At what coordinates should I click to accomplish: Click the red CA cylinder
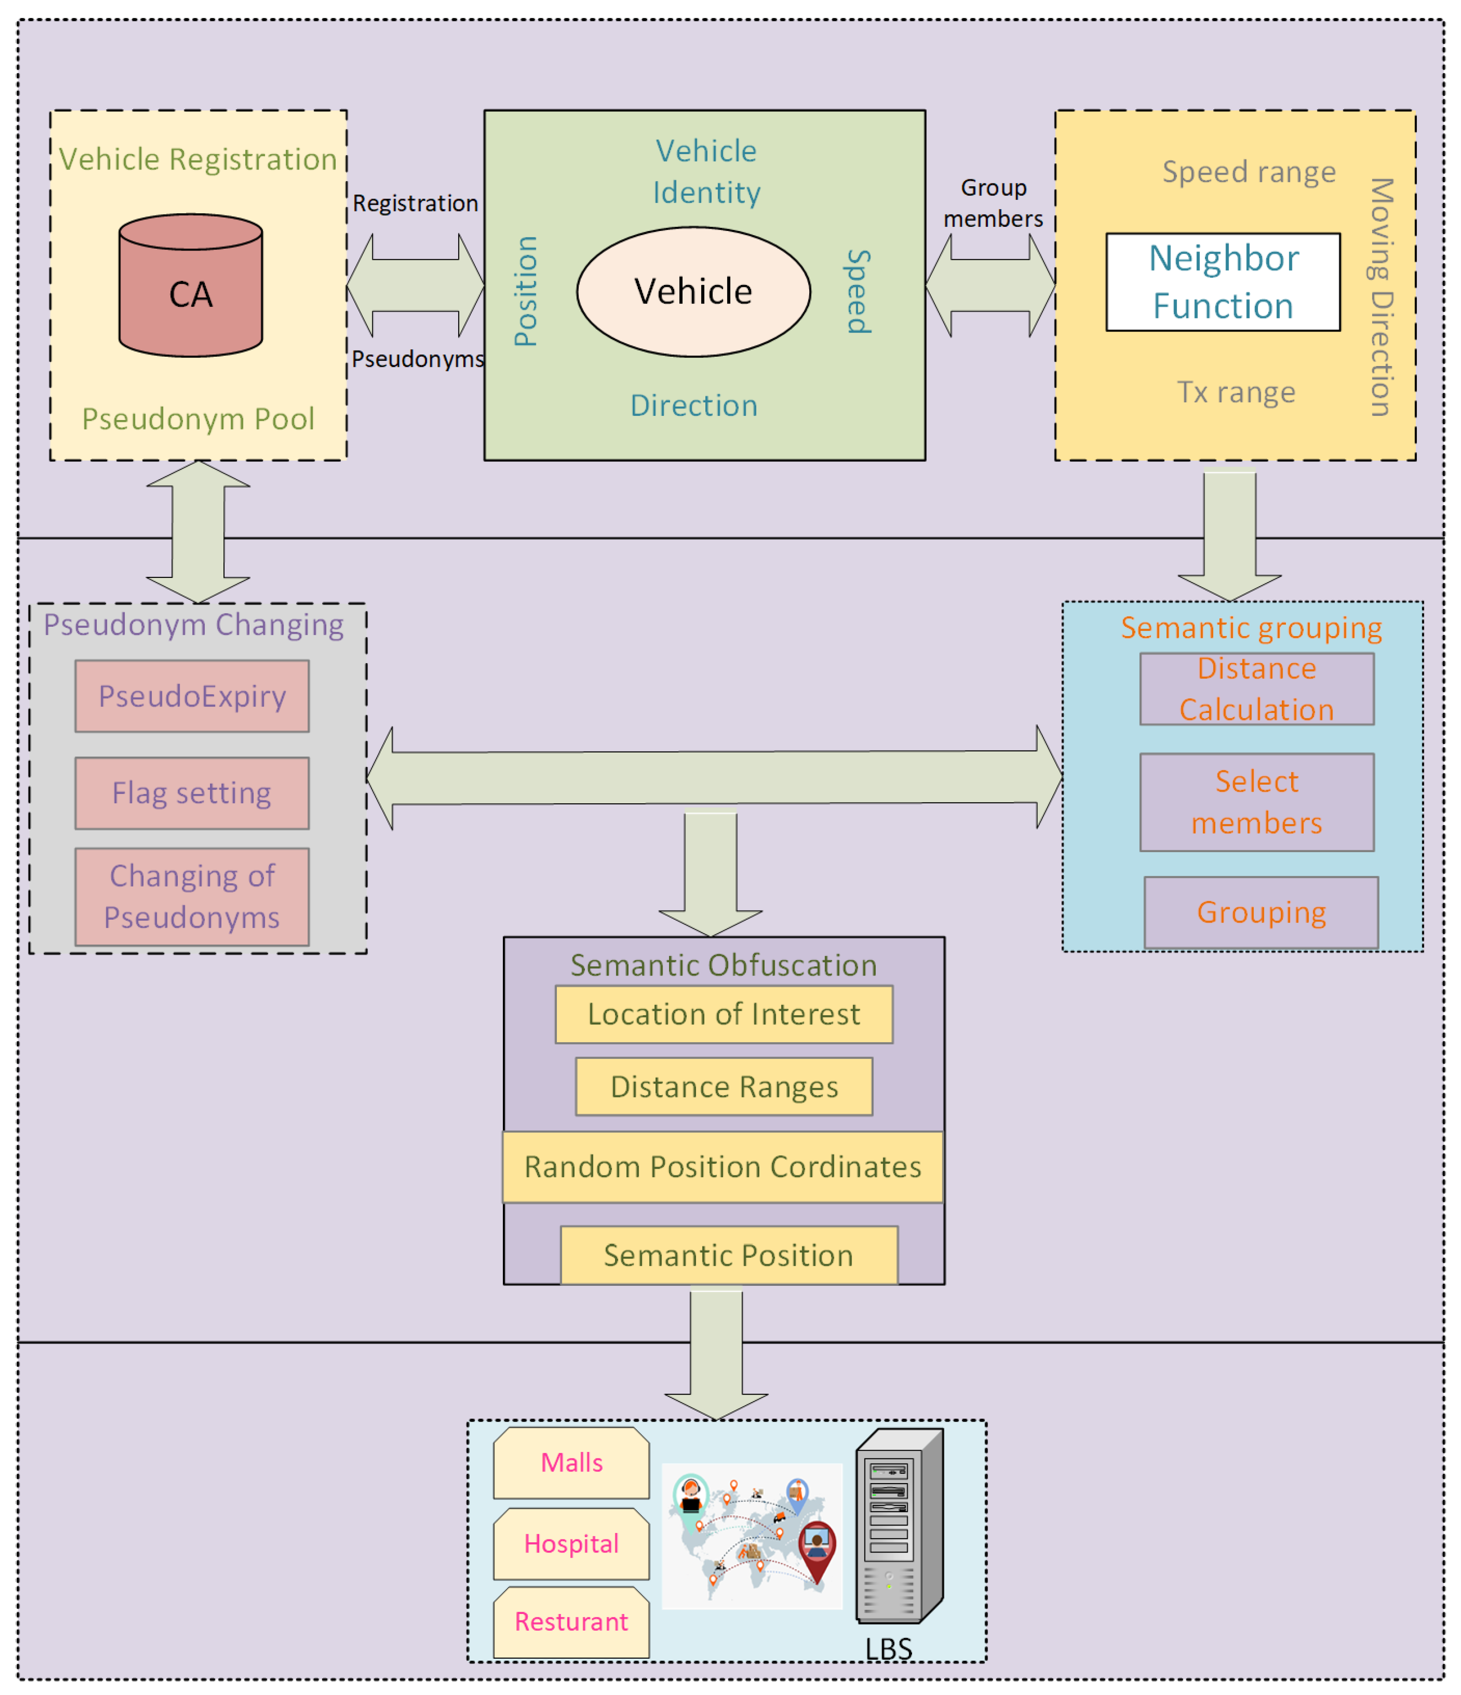pos(190,286)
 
